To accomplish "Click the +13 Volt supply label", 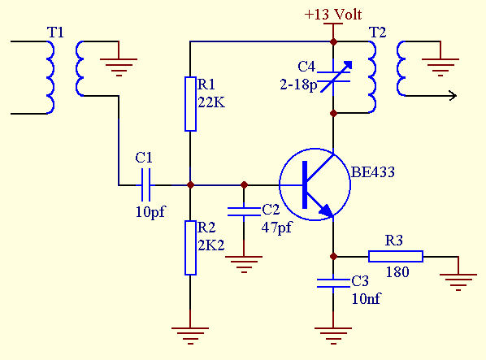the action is click(x=333, y=15).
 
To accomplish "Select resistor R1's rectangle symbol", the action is click(x=190, y=104).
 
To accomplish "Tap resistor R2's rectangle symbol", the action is click(x=190, y=248).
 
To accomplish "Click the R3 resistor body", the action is click(x=396, y=257).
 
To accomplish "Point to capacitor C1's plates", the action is click(x=145, y=185).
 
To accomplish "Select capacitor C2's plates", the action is click(x=244, y=211).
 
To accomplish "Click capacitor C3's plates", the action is click(x=333, y=283).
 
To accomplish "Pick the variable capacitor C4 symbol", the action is click(x=334, y=77).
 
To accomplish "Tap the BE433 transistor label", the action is click(x=373, y=172).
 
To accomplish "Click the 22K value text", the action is click(x=211, y=102).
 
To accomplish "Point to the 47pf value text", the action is click(x=276, y=228).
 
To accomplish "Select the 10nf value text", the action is click(x=366, y=299).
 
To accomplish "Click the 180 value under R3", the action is click(x=397, y=272).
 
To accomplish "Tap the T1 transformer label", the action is click(x=55, y=33).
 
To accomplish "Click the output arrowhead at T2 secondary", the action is click(x=453, y=96).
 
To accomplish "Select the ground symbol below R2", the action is click(x=190, y=336).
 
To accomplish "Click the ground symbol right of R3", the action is click(x=458, y=282).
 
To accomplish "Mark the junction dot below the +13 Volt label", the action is click(x=333, y=41).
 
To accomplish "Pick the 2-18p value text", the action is click(x=298, y=85).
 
